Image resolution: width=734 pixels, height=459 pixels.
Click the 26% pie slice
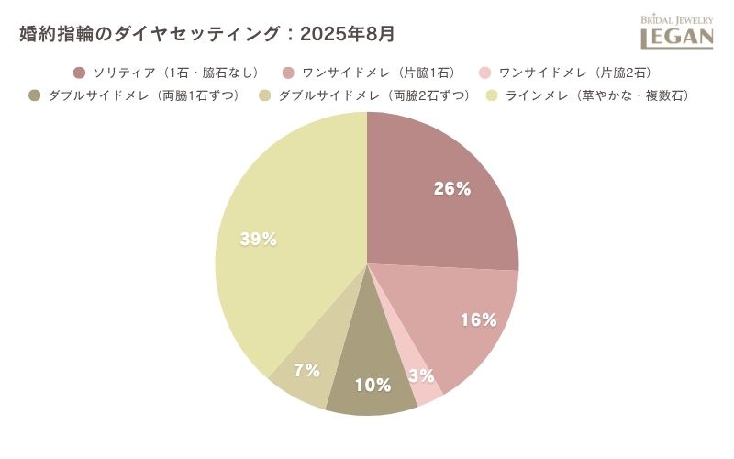tap(431, 211)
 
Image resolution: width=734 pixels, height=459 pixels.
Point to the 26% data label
tap(452, 189)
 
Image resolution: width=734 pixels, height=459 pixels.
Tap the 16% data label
tap(478, 320)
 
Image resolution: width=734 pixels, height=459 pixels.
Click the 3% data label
tap(423, 375)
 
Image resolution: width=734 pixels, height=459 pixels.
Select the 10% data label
tap(373, 386)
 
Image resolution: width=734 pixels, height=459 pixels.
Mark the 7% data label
tap(306, 371)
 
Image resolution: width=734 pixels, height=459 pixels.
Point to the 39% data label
tap(258, 240)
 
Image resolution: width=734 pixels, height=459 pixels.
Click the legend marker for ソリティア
tap(79, 73)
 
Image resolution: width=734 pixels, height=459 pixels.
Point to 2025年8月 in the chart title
tap(350, 34)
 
